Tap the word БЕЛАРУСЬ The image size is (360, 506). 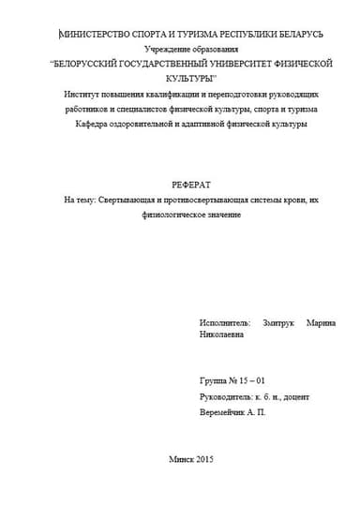click(295, 34)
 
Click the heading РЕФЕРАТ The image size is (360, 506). click(181, 186)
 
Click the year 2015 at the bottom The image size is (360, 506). click(203, 459)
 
